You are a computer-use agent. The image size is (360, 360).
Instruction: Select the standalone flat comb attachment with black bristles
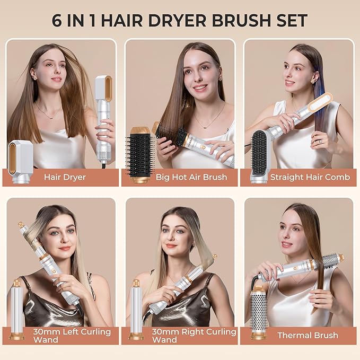pos(260,155)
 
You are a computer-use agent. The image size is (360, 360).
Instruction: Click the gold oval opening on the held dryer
pos(104,88)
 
